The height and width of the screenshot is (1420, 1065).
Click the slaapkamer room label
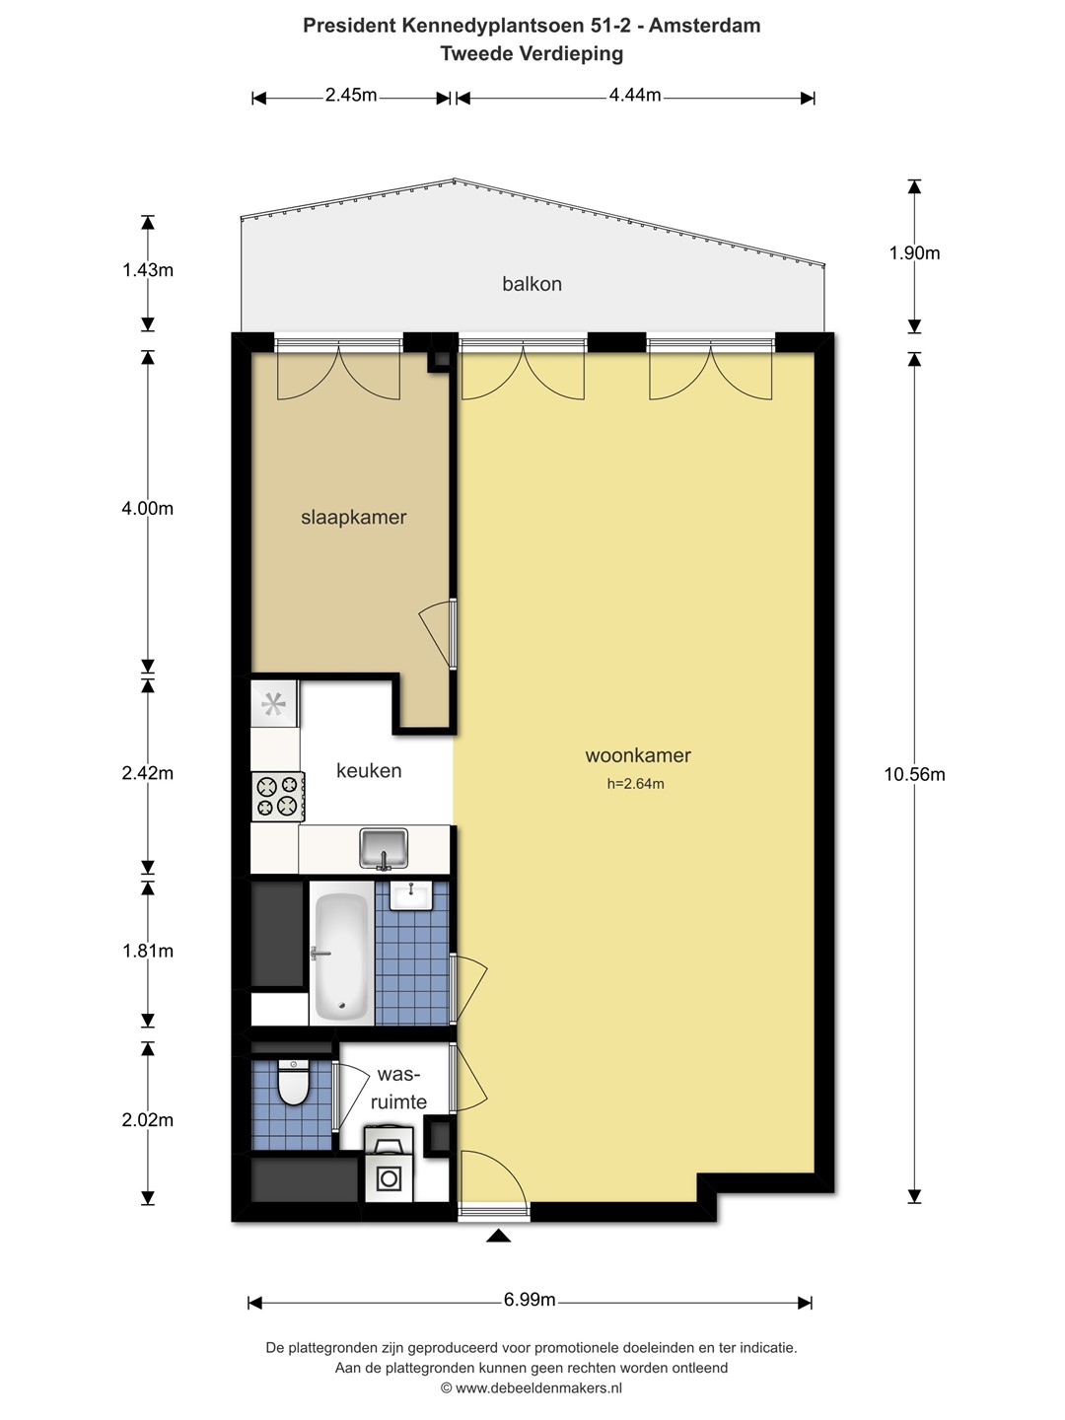coord(354,517)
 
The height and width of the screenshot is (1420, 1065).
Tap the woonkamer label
coord(638,755)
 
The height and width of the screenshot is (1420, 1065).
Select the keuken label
coord(369,770)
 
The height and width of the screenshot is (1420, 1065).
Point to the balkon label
coord(532,283)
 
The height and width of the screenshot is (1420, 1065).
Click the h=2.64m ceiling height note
coord(636,783)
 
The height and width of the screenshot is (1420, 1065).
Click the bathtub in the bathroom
coord(341,953)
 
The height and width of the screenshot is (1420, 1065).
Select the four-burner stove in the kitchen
coord(278,797)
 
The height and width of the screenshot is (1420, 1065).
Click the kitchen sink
coord(384,848)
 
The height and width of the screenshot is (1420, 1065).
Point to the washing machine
coord(389,1164)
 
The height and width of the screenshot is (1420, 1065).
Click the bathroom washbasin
coord(411,895)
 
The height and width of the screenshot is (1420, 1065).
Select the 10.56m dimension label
coord(914,774)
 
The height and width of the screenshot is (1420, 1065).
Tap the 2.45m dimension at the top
coord(351,95)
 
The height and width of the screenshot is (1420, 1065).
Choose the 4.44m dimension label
coord(635,95)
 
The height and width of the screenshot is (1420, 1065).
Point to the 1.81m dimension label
coord(148,951)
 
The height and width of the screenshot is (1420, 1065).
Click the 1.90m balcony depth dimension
coord(914,253)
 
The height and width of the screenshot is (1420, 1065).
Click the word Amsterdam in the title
coord(705,26)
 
